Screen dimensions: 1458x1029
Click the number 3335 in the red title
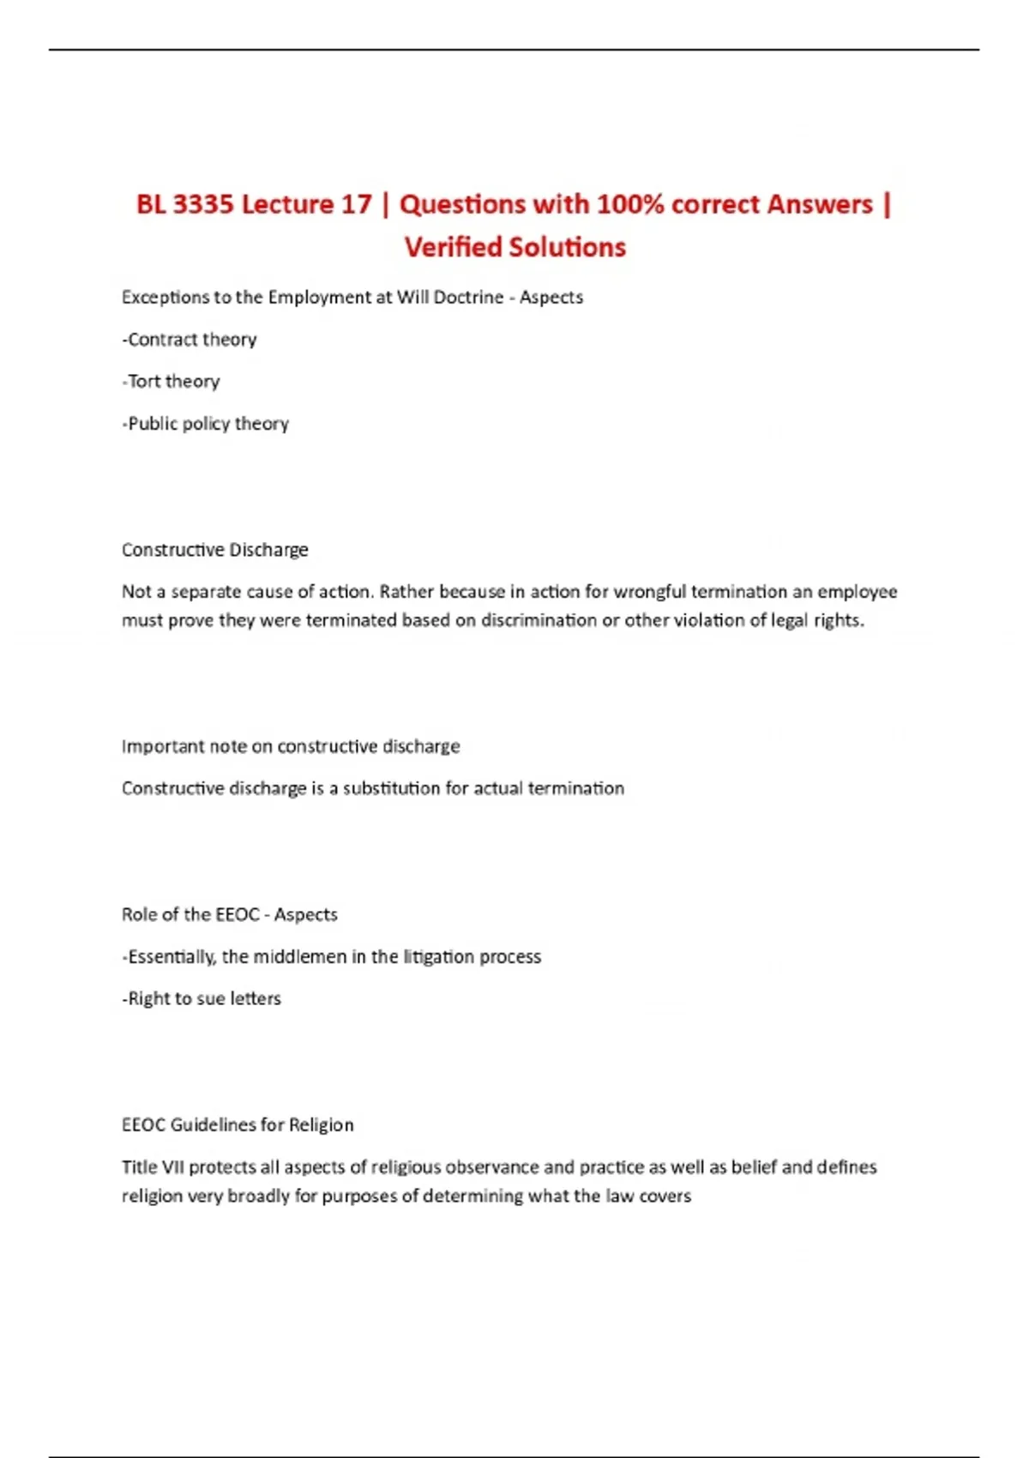click(x=202, y=205)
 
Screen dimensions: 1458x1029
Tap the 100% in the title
click(x=630, y=205)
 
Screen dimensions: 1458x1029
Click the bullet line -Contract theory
click(x=190, y=340)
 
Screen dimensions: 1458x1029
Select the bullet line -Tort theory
click(x=171, y=382)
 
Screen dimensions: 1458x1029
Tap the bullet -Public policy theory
click(x=206, y=424)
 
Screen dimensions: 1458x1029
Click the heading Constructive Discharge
click(x=214, y=550)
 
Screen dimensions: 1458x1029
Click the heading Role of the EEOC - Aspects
click(x=229, y=914)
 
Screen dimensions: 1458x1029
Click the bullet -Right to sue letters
click(x=202, y=998)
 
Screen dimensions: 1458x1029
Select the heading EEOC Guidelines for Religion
click(x=238, y=1124)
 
